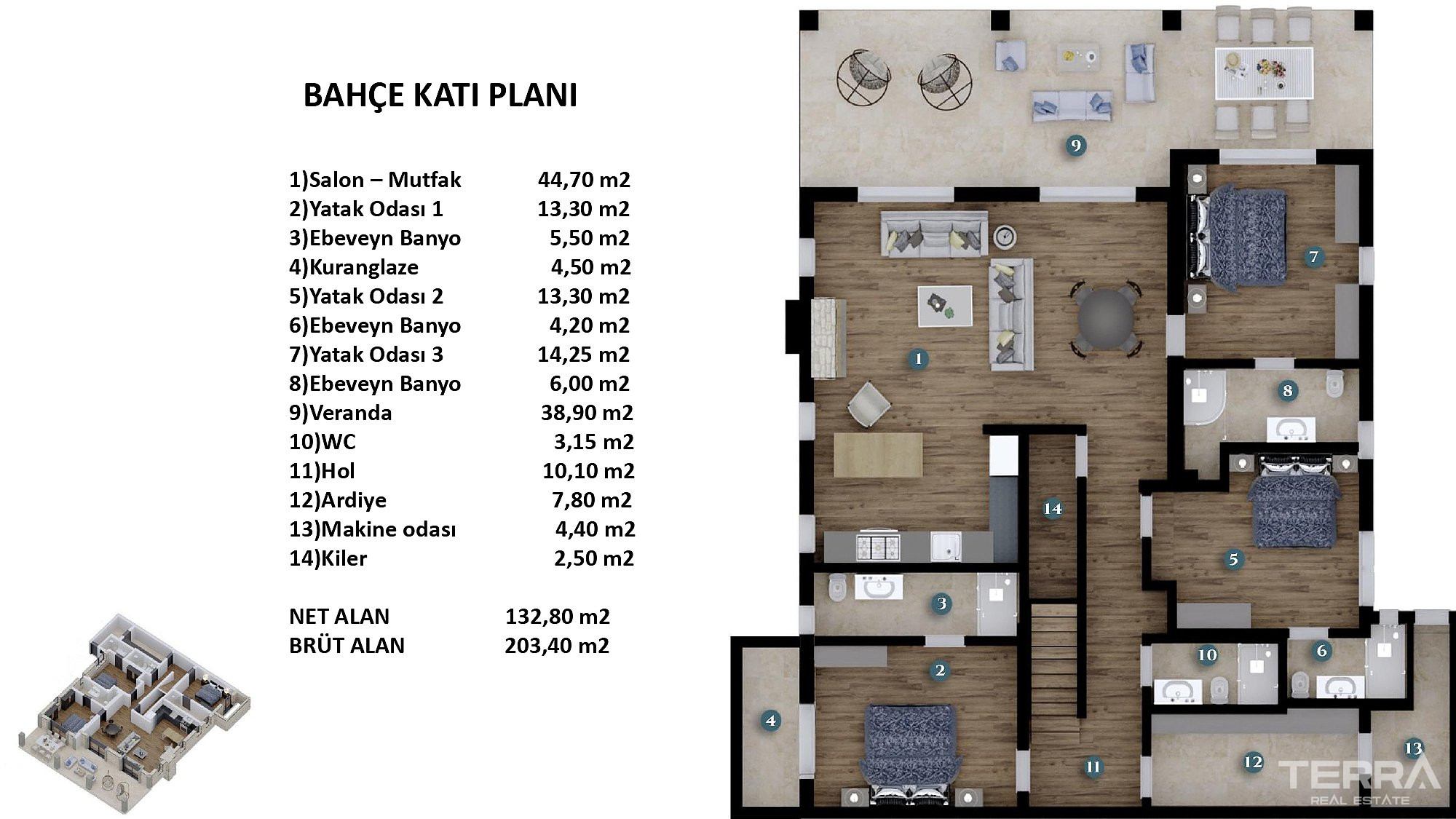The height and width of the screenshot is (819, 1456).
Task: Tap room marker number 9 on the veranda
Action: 1075,146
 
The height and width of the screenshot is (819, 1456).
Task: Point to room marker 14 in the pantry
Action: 1053,508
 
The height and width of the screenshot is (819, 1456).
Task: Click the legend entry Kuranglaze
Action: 354,267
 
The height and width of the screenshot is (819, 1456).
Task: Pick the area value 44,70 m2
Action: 584,180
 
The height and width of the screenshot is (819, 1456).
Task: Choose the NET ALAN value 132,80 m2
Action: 558,617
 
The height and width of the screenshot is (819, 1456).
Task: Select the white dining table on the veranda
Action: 1264,73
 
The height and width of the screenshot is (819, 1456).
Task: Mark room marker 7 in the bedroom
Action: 1313,256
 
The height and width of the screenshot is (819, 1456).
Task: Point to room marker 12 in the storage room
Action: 1253,762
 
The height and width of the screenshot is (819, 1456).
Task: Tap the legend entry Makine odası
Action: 373,529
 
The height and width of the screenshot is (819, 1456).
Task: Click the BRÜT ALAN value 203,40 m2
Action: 557,646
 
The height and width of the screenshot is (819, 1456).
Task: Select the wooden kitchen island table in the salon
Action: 878,455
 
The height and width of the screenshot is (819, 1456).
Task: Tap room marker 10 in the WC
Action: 1207,655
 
